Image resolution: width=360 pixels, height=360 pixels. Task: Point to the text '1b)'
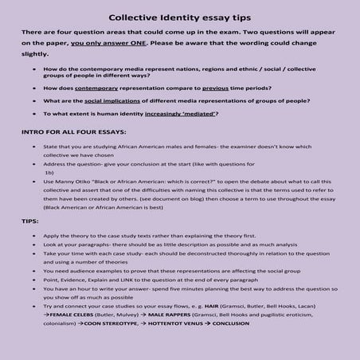tap(49, 172)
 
